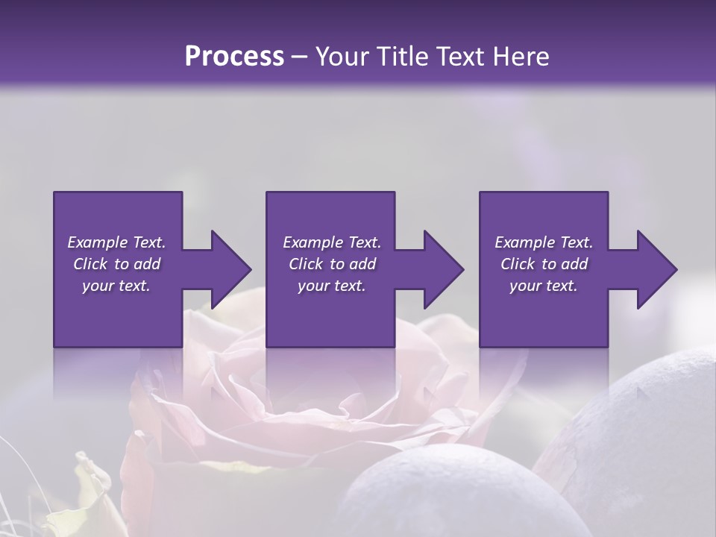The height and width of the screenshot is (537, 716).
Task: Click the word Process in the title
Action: [x=234, y=56]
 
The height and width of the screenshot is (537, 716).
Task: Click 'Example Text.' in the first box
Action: [x=116, y=242]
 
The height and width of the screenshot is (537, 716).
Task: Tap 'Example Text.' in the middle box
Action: [x=332, y=242]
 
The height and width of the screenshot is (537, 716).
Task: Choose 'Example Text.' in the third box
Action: [x=544, y=242]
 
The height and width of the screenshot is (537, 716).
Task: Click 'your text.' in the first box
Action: [x=116, y=286]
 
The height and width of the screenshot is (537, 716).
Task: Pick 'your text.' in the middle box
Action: [x=332, y=286]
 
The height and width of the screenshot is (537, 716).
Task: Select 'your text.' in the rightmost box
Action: [x=544, y=286]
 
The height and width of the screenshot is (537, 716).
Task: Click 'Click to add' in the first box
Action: [x=116, y=264]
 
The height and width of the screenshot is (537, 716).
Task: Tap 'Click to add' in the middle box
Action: [x=332, y=264]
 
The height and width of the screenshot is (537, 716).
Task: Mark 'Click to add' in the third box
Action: [x=544, y=264]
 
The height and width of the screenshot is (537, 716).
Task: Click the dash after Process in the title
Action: [x=300, y=57]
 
